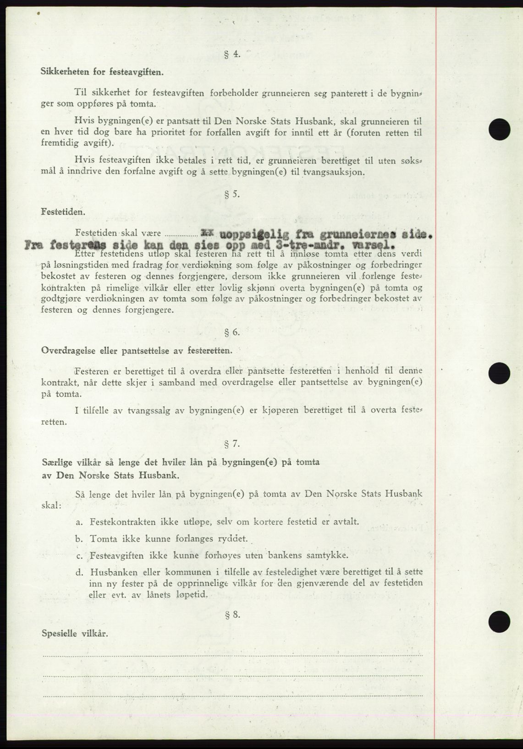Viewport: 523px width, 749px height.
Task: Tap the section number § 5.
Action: (232, 194)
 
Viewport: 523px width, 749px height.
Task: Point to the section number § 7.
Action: (232, 444)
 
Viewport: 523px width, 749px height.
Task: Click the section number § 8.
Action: (232, 615)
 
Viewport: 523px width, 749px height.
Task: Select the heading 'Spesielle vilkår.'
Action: (75, 634)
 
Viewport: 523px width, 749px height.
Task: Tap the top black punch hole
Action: (499, 129)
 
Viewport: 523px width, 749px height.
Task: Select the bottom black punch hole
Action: (499, 622)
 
